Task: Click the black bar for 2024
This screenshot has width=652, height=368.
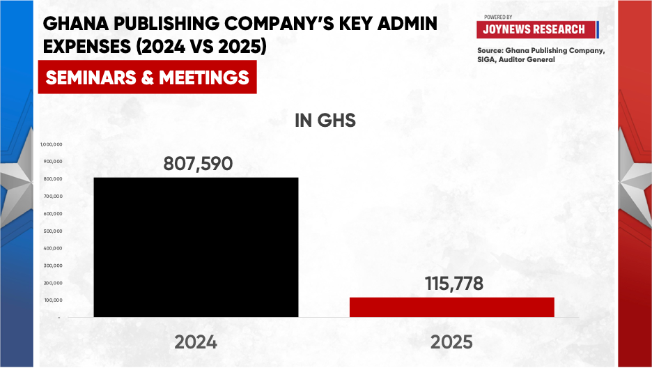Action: pyautogui.click(x=196, y=247)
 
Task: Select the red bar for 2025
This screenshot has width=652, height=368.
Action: pyautogui.click(x=452, y=307)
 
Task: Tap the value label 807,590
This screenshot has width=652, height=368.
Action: pyautogui.click(x=198, y=164)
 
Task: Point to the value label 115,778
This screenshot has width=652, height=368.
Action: pyautogui.click(x=454, y=284)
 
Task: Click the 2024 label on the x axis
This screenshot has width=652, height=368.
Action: pyautogui.click(x=196, y=342)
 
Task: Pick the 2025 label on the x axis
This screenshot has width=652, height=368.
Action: pyautogui.click(x=451, y=342)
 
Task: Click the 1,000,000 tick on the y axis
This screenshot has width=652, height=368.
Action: pyautogui.click(x=52, y=144)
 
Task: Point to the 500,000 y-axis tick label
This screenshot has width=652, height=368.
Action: pyautogui.click(x=53, y=231)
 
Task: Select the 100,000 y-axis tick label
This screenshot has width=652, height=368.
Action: pyautogui.click(x=53, y=300)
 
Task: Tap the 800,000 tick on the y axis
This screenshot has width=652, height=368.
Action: pyautogui.click(x=53, y=179)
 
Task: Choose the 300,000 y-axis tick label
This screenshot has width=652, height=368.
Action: pyautogui.click(x=53, y=266)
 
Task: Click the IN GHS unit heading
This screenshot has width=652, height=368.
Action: pyautogui.click(x=325, y=121)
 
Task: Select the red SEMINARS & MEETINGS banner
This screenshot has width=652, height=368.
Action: pyautogui.click(x=147, y=77)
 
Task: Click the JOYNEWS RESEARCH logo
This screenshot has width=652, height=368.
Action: pyautogui.click(x=538, y=29)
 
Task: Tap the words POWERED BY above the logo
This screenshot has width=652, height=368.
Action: pyautogui.click(x=498, y=17)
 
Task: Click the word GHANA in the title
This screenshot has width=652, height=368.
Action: pyautogui.click(x=76, y=24)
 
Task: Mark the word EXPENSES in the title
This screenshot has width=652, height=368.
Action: pyautogui.click(x=87, y=46)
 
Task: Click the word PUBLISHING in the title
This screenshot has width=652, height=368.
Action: pyautogui.click(x=166, y=24)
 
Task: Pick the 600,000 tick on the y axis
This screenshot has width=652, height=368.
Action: pyautogui.click(x=53, y=214)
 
